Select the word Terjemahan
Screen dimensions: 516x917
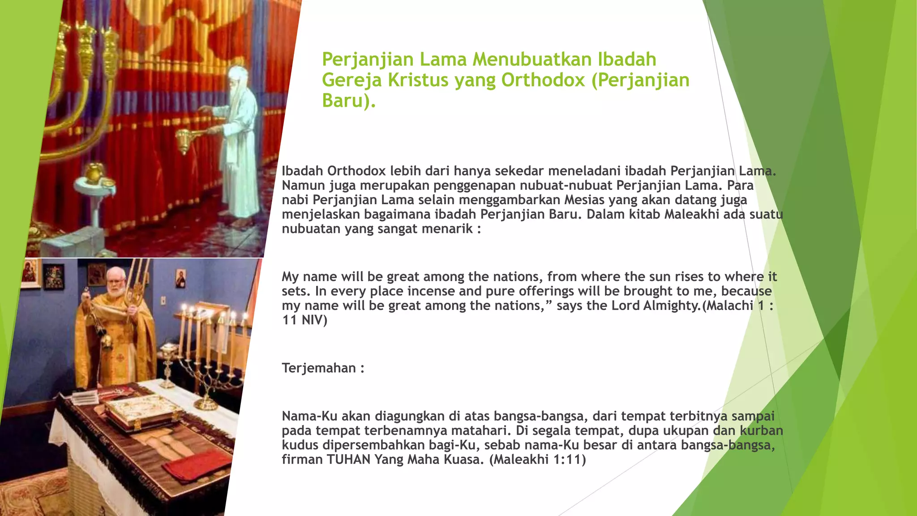[x=319, y=368]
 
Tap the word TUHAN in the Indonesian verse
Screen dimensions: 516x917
[x=348, y=460]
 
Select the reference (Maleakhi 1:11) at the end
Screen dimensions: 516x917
[x=537, y=460]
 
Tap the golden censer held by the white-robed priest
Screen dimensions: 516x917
[x=184, y=140]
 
